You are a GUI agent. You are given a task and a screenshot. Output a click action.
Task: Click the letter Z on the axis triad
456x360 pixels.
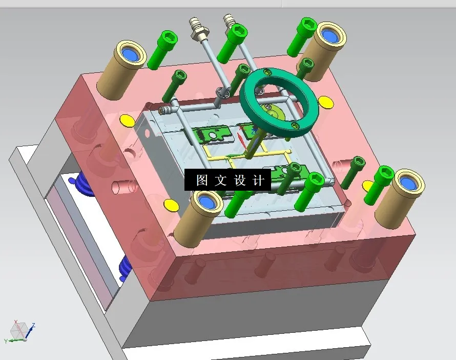(33, 325)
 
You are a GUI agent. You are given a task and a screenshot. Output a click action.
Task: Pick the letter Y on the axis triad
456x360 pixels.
(6, 341)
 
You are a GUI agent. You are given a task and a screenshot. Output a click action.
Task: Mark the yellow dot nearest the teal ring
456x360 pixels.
(324, 103)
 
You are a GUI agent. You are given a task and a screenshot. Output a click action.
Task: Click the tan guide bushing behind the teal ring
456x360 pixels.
(322, 51)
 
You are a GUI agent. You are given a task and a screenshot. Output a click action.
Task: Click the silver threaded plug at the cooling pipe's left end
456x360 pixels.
(164, 109)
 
